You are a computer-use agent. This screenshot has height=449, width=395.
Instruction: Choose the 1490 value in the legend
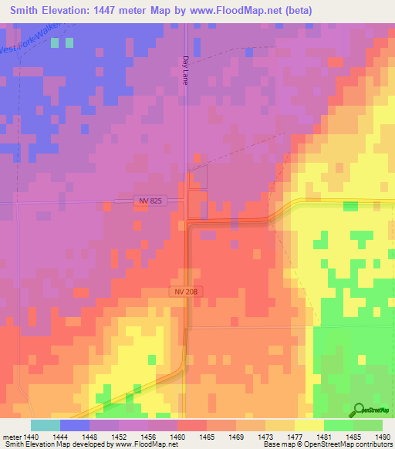[x=382, y=437]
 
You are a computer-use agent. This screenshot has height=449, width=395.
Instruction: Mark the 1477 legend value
[x=295, y=437]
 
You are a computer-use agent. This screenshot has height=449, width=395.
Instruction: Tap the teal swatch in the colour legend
[x=46, y=425]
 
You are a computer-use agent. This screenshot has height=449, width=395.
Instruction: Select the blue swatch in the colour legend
[x=75, y=425]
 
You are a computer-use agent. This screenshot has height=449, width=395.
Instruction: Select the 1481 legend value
[x=324, y=437]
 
